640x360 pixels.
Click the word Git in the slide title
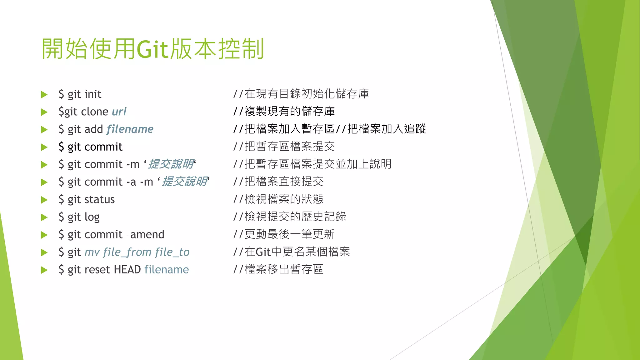pos(152,49)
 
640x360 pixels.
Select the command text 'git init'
pos(84,94)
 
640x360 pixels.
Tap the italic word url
pos(119,112)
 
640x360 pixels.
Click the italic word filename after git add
pos(130,129)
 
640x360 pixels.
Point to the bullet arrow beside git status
pos(44,200)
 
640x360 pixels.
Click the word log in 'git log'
pos(92,217)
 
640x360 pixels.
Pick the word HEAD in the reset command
pos(127,269)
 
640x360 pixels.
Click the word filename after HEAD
pos(167,269)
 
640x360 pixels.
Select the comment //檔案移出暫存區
pos(278,269)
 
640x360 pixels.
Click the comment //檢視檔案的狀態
pos(278,199)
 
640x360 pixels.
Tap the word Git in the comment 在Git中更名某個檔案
pos(263,252)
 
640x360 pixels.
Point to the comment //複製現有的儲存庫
pos(284,111)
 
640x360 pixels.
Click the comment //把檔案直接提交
pos(278,182)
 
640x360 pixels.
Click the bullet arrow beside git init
pos(44,94)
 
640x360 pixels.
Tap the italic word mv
pos(92,252)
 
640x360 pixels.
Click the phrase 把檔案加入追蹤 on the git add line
pos(387,129)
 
